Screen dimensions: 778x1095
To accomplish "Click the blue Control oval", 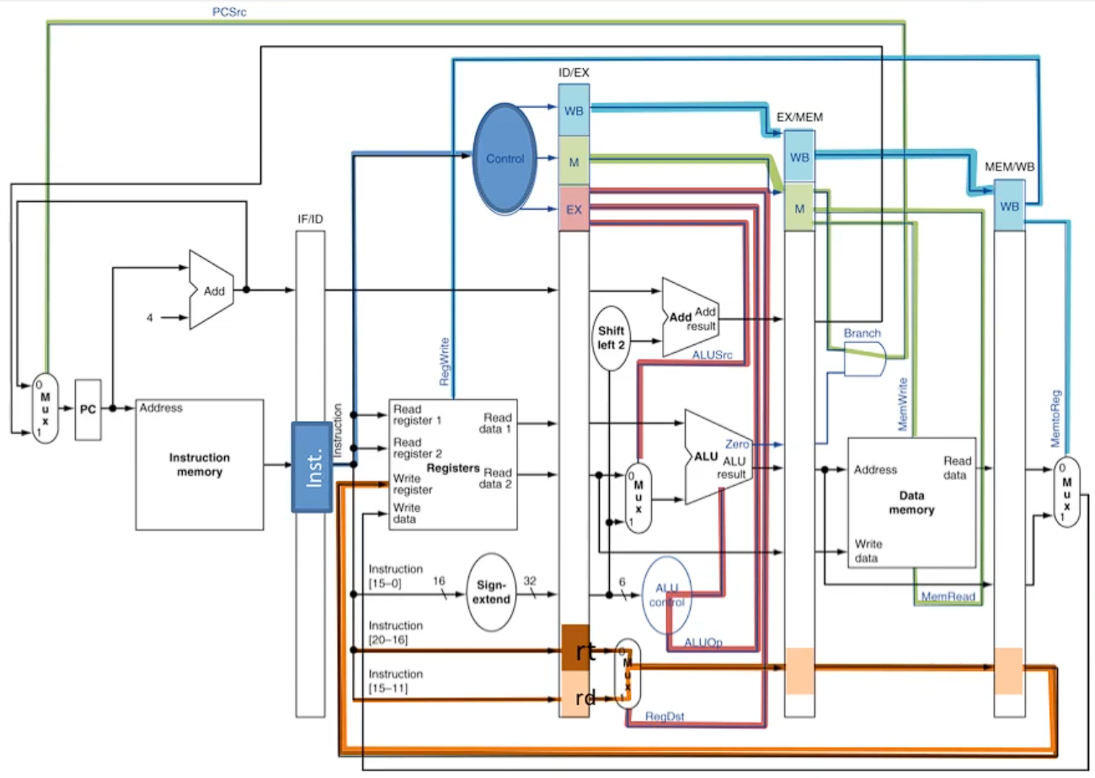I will point(505,158).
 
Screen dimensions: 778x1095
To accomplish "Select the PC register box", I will point(88,409).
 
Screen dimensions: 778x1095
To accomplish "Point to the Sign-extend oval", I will point(491,592).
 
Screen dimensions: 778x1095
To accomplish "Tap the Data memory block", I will point(911,502).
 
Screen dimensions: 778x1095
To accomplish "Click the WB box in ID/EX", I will point(574,109).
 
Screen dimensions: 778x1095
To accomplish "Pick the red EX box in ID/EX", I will point(574,210).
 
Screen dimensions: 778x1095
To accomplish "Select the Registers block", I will point(451,465).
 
